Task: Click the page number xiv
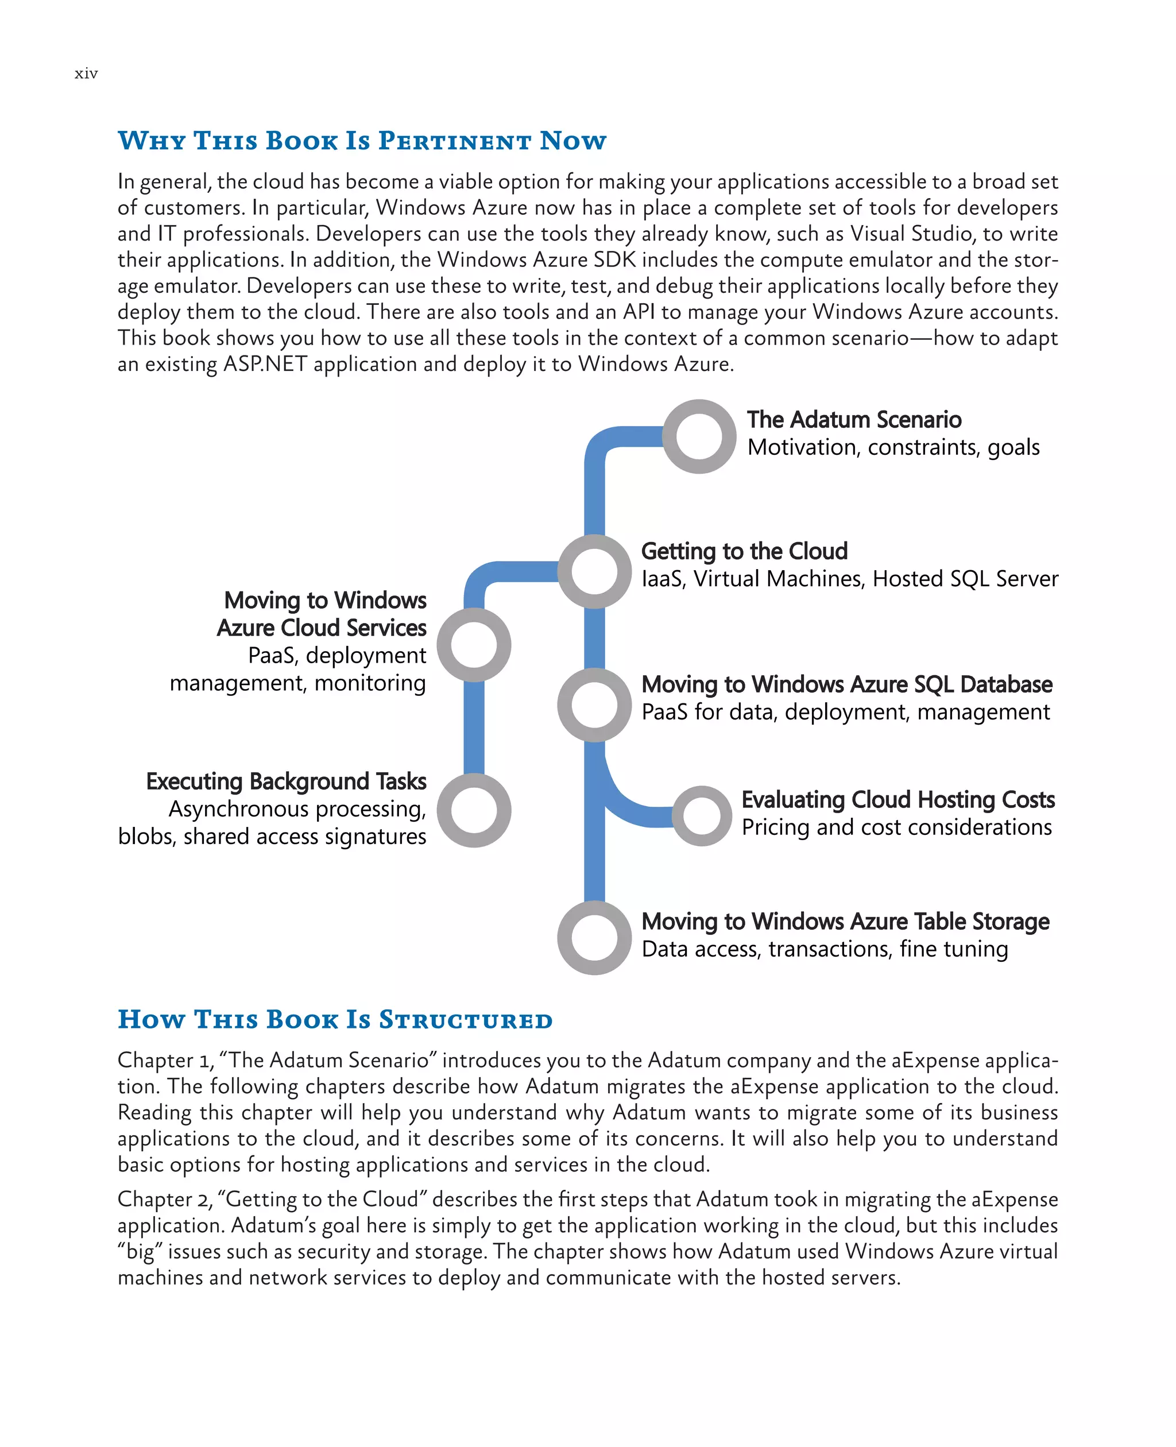pyautogui.click(x=86, y=73)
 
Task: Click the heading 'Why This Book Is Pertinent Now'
pyautogui.click(x=362, y=140)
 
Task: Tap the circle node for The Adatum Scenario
pyautogui.click(x=698, y=436)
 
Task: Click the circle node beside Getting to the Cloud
pyautogui.click(x=594, y=571)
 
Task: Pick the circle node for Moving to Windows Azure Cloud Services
pyautogui.click(x=474, y=644)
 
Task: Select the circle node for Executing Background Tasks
pyautogui.click(x=474, y=810)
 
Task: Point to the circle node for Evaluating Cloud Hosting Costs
pyautogui.click(x=702, y=815)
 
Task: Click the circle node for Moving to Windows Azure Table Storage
pyautogui.click(x=594, y=938)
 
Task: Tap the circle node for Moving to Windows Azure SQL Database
pyautogui.click(x=594, y=705)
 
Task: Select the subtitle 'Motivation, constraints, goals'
pyautogui.click(x=893, y=448)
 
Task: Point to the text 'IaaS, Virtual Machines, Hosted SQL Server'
pyautogui.click(x=849, y=579)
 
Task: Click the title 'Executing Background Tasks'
pyautogui.click(x=286, y=781)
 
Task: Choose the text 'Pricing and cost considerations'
pyautogui.click(x=896, y=827)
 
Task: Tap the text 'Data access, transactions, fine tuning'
pyautogui.click(x=825, y=949)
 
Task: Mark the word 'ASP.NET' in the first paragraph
pyautogui.click(x=265, y=365)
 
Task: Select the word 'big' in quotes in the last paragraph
pyautogui.click(x=140, y=1251)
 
